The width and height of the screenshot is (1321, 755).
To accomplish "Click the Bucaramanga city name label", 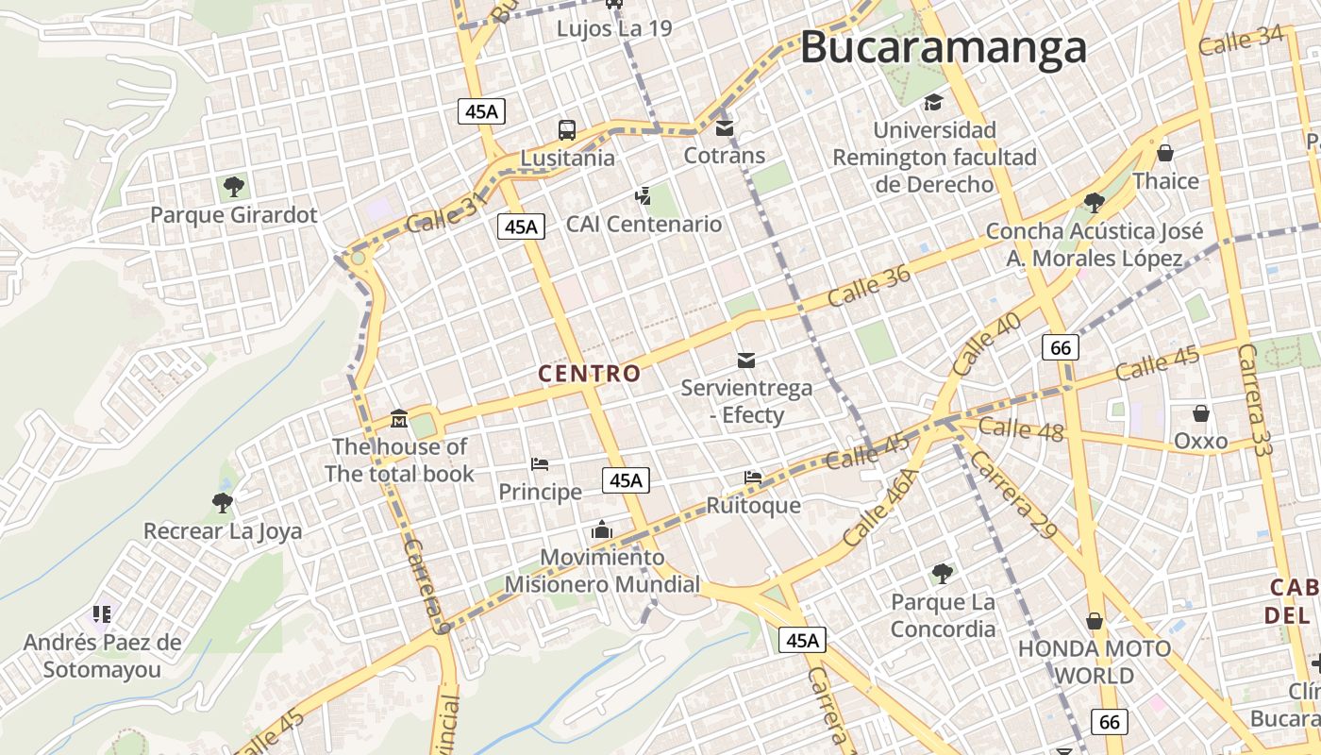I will tap(943, 47).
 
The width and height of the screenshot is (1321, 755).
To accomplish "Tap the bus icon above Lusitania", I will tap(566, 130).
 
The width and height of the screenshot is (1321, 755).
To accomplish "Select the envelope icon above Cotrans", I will tap(724, 127).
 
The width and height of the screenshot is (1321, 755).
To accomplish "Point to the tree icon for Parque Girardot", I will tap(233, 187).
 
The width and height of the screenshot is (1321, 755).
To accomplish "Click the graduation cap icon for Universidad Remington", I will tap(933, 102).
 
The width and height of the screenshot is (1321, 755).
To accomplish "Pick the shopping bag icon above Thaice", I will tap(1165, 153).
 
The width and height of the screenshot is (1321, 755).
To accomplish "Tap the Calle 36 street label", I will tap(869, 284).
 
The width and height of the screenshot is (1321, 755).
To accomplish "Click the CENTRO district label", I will tap(590, 374).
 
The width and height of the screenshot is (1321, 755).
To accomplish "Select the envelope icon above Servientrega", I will tap(746, 360).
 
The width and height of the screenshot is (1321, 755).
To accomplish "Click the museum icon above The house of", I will tap(399, 418).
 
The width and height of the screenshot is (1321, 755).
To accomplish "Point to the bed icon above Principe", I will tap(540, 464).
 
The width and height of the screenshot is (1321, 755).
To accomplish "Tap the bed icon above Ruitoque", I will tap(753, 478).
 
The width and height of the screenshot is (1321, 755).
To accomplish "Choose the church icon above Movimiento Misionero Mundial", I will tap(602, 530).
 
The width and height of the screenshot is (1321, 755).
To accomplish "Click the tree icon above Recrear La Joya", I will tap(223, 503).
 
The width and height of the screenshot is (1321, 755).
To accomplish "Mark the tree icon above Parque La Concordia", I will tap(942, 573).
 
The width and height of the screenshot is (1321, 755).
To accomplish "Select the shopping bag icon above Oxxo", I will tap(1200, 413).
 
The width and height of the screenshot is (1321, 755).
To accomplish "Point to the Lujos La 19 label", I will tap(614, 28).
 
